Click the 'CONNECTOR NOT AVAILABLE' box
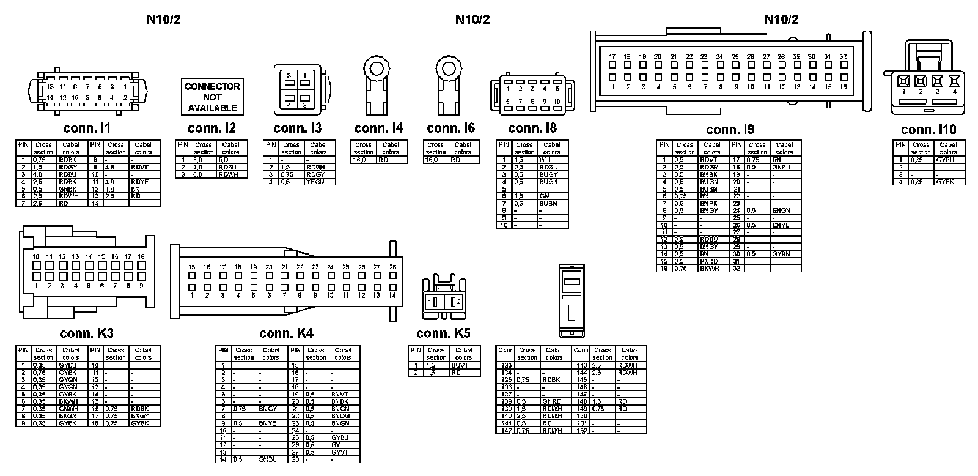click(212, 97)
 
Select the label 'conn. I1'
click(86, 128)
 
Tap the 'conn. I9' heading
click(730, 130)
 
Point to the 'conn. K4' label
click(286, 333)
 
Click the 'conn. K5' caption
click(443, 333)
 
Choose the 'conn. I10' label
click(928, 130)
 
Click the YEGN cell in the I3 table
click(315, 182)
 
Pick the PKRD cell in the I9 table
click(709, 261)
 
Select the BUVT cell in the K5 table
click(460, 365)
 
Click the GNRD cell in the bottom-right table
click(551, 401)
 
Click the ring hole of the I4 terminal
click(379, 66)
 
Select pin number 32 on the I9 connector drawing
click(843, 56)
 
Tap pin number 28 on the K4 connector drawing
click(392, 267)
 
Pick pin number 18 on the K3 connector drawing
click(141, 256)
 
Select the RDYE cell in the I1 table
click(140, 182)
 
